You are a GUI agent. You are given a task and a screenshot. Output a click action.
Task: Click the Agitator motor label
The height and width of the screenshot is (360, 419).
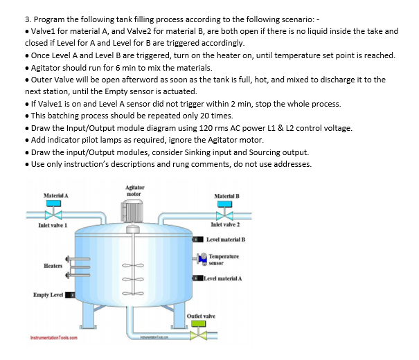coord(134,190)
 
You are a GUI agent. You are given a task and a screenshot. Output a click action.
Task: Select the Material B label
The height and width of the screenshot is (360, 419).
coord(228,196)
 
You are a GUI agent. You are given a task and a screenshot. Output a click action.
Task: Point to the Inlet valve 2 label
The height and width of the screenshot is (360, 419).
coord(224,226)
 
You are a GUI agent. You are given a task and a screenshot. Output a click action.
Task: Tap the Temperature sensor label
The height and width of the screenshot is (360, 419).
coord(226,259)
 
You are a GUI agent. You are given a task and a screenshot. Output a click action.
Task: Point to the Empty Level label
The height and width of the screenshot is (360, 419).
coord(48,295)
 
